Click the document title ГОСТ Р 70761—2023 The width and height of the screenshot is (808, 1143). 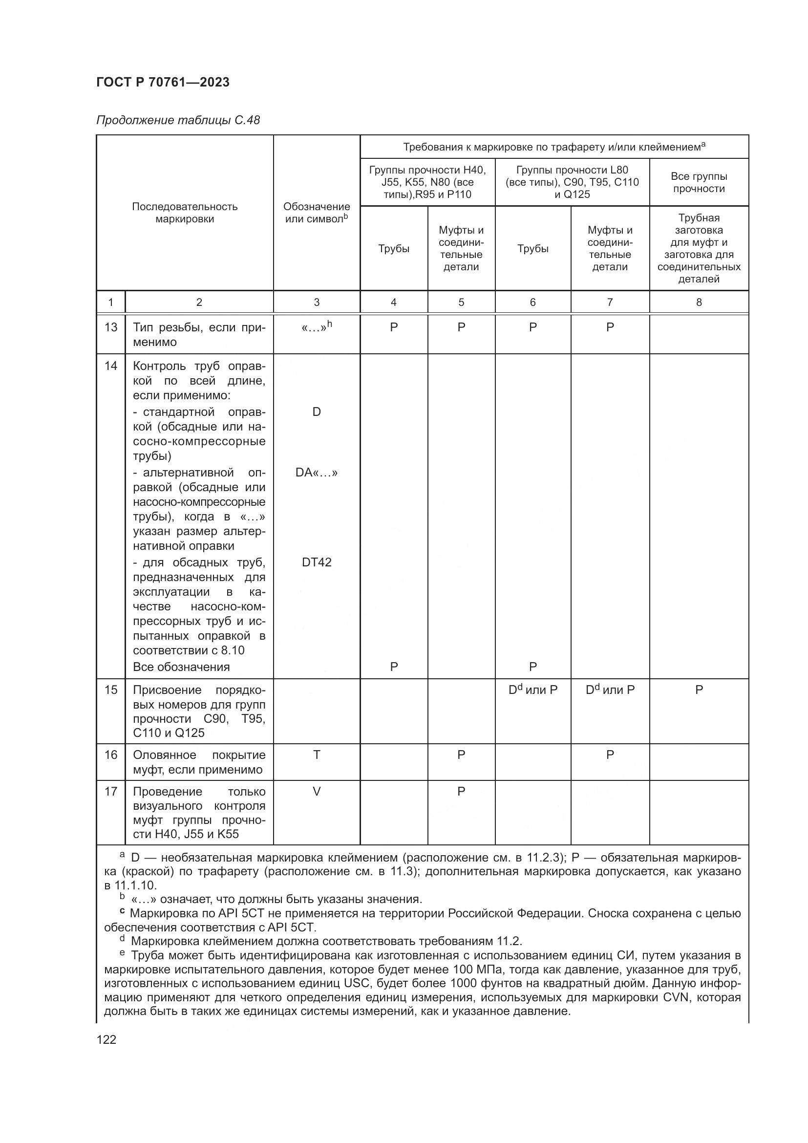[x=163, y=82]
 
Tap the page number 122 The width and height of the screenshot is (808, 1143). [x=106, y=1039]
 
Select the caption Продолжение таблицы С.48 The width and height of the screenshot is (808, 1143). [x=178, y=120]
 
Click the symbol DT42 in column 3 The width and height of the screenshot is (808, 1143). [x=317, y=562]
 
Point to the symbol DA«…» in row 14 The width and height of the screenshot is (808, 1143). [x=317, y=473]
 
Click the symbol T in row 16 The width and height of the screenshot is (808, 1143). [x=317, y=755]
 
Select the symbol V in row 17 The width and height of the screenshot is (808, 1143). [x=317, y=791]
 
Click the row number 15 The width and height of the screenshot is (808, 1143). [x=110, y=690]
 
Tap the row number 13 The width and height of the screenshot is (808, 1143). [x=110, y=327]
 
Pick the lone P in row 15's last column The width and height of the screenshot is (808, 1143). [x=699, y=690]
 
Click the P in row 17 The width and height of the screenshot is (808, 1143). [x=461, y=791]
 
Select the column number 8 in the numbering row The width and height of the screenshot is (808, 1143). [x=699, y=302]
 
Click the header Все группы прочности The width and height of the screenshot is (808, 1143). [x=699, y=182]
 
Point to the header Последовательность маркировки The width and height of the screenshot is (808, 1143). [x=185, y=213]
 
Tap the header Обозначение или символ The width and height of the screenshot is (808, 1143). [x=317, y=213]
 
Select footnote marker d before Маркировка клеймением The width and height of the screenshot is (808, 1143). [x=122, y=938]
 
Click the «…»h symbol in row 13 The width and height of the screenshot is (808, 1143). [x=317, y=326]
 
